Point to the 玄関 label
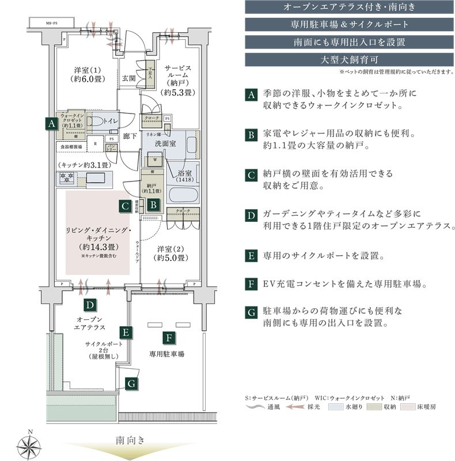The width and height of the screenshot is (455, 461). click(128, 78)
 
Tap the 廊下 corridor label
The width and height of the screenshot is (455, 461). click(130, 137)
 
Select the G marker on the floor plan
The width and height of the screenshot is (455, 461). click(131, 383)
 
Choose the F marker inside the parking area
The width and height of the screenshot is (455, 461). click(169, 338)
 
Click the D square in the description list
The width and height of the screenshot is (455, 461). click(251, 216)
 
